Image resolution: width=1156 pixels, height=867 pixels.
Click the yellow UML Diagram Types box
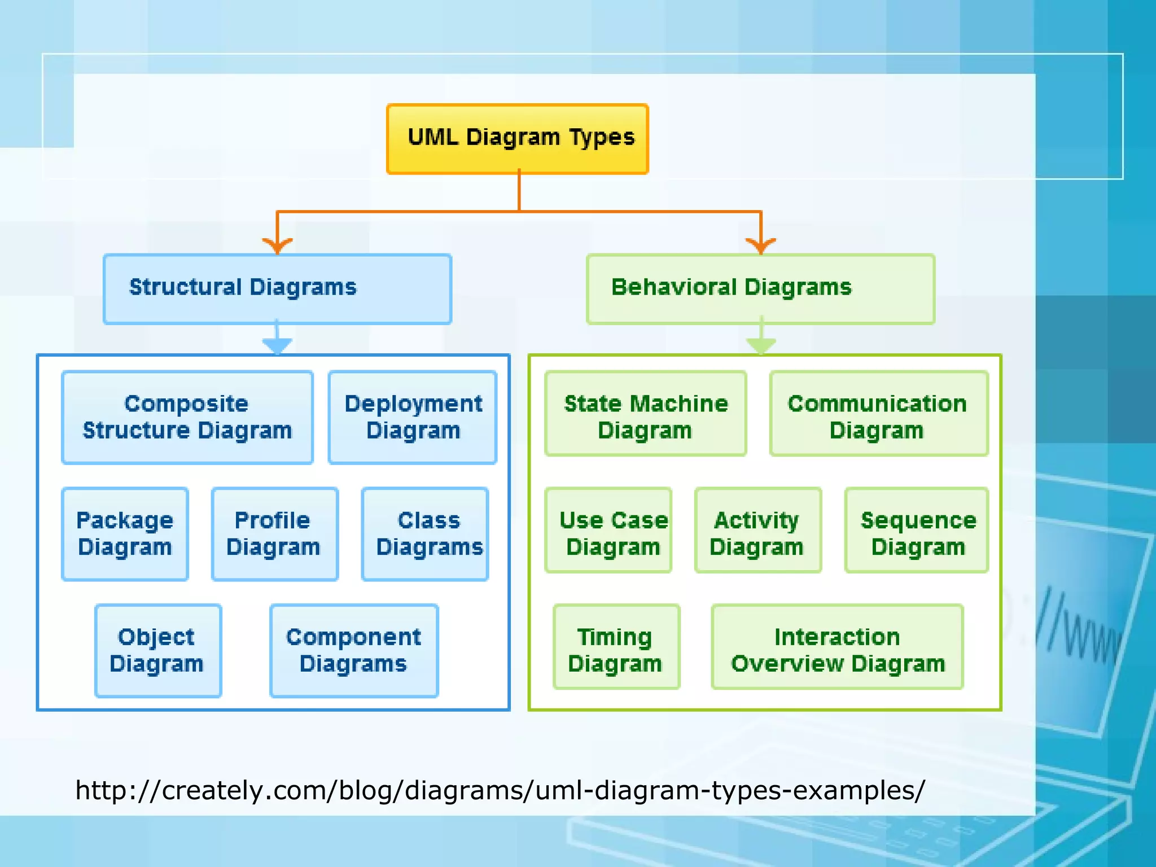click(517, 139)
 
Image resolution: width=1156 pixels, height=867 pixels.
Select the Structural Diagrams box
click(277, 289)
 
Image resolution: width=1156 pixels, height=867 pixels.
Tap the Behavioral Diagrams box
click(760, 289)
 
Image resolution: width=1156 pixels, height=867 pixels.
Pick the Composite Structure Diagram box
click(187, 418)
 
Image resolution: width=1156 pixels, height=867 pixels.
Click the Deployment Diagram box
click(413, 418)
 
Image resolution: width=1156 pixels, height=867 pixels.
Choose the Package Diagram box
click(125, 534)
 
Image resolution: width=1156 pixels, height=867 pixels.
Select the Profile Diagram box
click(274, 534)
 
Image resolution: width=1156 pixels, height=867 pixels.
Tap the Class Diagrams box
click(425, 534)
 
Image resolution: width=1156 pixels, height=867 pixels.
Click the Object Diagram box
click(157, 651)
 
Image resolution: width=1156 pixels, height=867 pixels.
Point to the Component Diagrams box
click(354, 651)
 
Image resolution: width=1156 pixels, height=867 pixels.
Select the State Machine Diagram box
click(645, 414)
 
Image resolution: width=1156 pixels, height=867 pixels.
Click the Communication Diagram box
click(878, 414)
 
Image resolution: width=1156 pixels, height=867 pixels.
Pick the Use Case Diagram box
click(608, 531)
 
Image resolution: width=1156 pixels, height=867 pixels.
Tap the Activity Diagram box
click(757, 531)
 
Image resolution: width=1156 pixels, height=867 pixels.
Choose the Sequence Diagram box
click(916, 531)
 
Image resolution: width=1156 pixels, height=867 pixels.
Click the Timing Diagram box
click(616, 647)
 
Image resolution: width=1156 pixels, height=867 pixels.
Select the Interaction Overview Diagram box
click(837, 647)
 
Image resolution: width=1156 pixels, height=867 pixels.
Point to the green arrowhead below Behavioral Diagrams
click(761, 344)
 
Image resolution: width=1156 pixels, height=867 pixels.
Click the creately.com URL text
click(500, 790)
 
